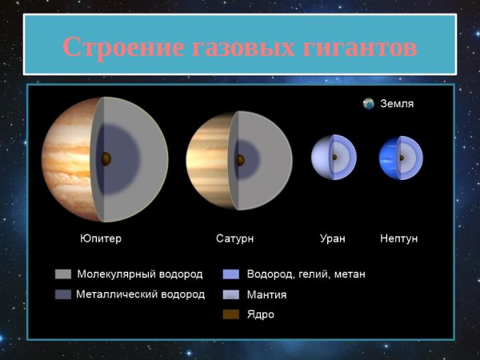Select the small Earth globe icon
[x=368, y=104]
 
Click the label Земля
[x=397, y=104]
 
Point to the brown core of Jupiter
[x=106, y=158]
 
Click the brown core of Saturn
[x=239, y=158]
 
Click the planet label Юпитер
[x=101, y=238]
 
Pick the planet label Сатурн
[x=235, y=238]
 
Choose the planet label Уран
[x=332, y=238]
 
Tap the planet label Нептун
[x=398, y=238]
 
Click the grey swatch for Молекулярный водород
[x=62, y=274]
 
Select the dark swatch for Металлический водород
[x=62, y=294]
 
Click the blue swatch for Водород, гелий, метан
[x=231, y=274]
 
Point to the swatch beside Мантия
[x=231, y=294]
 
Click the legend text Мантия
[x=267, y=294]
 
